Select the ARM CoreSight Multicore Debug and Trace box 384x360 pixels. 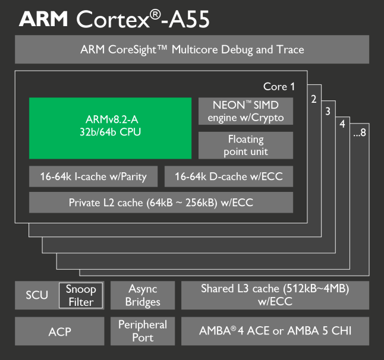click(192, 49)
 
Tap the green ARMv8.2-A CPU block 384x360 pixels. click(110, 128)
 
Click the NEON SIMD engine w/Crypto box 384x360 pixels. click(245, 111)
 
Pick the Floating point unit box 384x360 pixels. click(245, 145)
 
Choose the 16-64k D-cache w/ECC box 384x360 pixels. click(229, 176)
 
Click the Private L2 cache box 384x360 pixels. click(161, 203)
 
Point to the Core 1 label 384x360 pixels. click(279, 87)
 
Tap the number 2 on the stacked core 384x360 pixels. click(313, 99)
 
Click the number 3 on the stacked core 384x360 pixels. click(328, 111)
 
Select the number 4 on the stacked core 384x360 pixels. click(342, 124)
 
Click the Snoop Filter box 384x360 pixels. click(81, 295)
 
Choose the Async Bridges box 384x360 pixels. click(143, 295)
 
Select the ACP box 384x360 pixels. click(59, 331)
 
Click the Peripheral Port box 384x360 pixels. click(143, 331)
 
